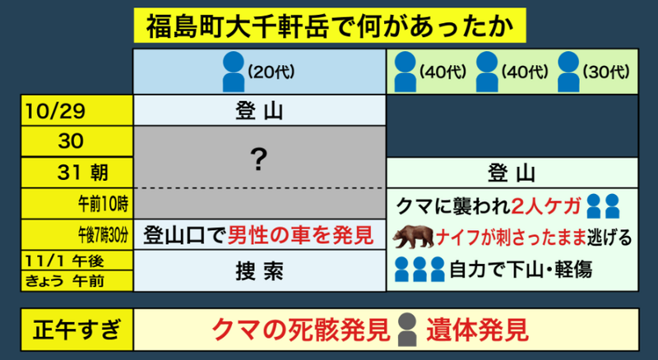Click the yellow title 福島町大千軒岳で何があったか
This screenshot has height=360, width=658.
pyautogui.click(x=330, y=25)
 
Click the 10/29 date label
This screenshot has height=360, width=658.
pyautogui.click(x=55, y=111)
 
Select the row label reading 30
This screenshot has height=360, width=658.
pyautogui.click(x=71, y=141)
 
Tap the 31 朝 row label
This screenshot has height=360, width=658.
pyautogui.click(x=83, y=173)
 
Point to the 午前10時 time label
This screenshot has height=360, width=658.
pyautogui.click(x=104, y=205)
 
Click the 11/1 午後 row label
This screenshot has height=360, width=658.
pyautogui.click(x=64, y=261)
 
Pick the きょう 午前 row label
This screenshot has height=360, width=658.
pyautogui.click(x=64, y=281)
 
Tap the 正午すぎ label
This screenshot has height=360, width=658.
pyautogui.click(x=76, y=330)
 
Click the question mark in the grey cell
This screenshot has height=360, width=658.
pyautogui.click(x=258, y=159)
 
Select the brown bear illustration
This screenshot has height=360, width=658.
pyautogui.click(x=414, y=237)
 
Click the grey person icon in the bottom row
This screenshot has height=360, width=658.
pyautogui.click(x=407, y=330)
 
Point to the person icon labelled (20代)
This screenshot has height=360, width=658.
pyautogui.click(x=234, y=72)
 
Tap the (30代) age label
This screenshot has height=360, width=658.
pyautogui.click(x=606, y=72)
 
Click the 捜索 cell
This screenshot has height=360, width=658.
pyautogui.click(x=259, y=271)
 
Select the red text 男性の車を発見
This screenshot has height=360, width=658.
pyautogui.click(x=300, y=235)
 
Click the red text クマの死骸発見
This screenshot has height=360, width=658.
pyautogui.click(x=301, y=330)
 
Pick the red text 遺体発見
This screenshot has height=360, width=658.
pyautogui.click(x=477, y=330)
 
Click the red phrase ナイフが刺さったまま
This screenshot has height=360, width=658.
pyautogui.click(x=511, y=238)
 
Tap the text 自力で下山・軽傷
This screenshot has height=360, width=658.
pyautogui.click(x=521, y=270)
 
